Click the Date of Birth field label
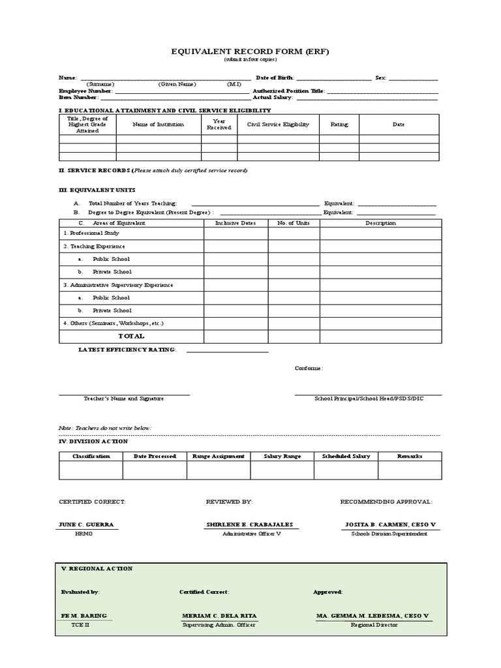[275, 78]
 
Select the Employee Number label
[85, 91]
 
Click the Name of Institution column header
[158, 124]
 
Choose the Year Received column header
[219, 124]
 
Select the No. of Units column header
[294, 223]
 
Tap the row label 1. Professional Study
[91, 233]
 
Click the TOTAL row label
[131, 336]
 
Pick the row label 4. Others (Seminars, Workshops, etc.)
[113, 323]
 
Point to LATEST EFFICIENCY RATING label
[127, 350]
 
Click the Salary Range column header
[282, 456]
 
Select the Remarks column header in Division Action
[410, 456]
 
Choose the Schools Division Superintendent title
[389, 534]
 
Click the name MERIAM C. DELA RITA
[219, 616]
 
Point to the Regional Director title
[374, 624]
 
